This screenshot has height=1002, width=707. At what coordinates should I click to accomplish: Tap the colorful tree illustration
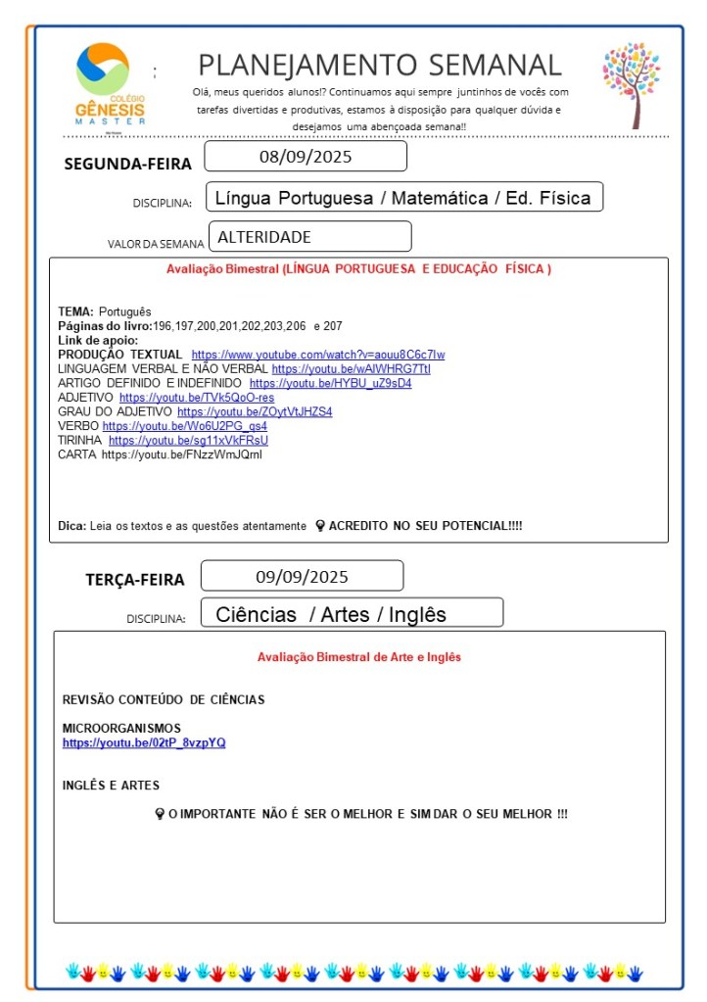[x=633, y=84]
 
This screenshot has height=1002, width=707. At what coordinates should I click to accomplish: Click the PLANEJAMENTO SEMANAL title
[x=380, y=66]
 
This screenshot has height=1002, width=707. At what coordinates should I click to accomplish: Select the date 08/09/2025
[x=306, y=157]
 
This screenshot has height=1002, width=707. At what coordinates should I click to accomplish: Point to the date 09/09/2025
[x=302, y=576]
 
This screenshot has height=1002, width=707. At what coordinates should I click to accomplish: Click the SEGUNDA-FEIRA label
[x=127, y=164]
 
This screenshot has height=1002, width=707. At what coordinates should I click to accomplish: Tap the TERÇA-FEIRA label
[x=134, y=579]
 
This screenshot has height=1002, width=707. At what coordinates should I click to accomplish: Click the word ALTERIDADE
[x=264, y=237]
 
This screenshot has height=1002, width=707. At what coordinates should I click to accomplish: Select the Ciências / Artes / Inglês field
[x=331, y=614]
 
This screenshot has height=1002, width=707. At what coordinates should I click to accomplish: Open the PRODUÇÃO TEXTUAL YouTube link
[x=317, y=355]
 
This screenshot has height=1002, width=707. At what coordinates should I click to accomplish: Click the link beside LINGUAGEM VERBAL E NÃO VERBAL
[x=351, y=369]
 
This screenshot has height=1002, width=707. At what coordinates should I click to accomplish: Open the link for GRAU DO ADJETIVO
[x=255, y=412]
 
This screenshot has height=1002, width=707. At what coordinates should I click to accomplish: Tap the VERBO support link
[x=184, y=426]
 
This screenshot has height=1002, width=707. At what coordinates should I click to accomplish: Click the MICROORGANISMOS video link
[x=144, y=742]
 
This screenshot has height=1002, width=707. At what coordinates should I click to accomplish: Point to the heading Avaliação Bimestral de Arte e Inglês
[x=358, y=657]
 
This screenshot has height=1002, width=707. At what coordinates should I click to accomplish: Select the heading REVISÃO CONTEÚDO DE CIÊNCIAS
[x=164, y=699]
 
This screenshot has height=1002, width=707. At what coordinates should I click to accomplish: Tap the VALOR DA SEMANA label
[x=156, y=244]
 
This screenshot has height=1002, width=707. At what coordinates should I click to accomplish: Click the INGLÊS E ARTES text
[x=111, y=786]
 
